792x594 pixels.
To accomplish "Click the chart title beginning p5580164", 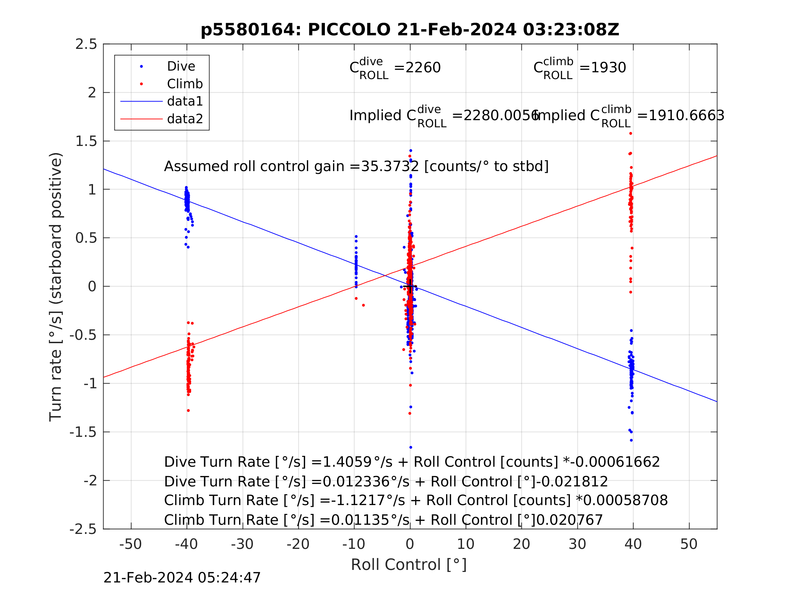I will (410, 30).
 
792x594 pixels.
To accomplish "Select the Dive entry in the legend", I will (181, 67).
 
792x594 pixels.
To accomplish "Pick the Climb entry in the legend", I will (185, 84).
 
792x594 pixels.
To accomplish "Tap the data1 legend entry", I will (185, 102).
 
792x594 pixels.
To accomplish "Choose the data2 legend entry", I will (185, 119).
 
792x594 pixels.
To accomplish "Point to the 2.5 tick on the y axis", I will (86, 44).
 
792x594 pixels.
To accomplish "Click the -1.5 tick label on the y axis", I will (84, 432).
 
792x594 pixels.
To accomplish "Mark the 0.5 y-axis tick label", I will (86, 238).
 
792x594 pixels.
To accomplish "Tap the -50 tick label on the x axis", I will (130, 544).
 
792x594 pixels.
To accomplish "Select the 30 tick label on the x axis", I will (577, 544).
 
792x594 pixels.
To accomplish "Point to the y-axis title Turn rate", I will (56, 286).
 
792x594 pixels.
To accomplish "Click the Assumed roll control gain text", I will (356, 167).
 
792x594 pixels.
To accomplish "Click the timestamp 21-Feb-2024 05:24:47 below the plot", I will (182, 578).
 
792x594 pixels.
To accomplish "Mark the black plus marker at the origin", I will (410, 287).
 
